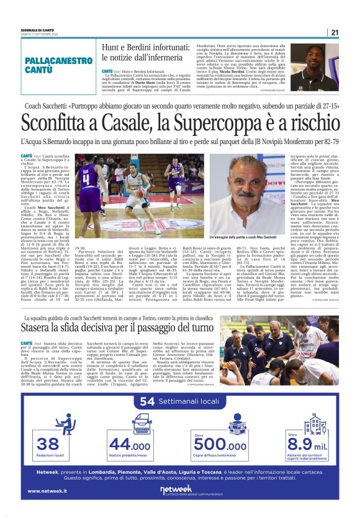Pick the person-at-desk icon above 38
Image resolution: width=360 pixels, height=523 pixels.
pos(48,424)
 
